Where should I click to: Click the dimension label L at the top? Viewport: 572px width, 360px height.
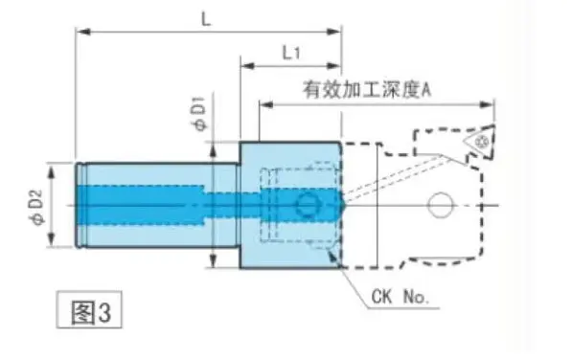[x=206, y=19]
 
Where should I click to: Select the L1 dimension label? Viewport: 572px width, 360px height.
[x=291, y=54]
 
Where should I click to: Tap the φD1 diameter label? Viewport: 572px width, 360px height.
[x=199, y=113]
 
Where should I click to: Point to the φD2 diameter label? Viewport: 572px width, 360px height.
[x=37, y=208]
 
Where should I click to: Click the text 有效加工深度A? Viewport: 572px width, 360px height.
[x=367, y=90]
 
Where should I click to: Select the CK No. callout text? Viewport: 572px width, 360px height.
[x=400, y=297]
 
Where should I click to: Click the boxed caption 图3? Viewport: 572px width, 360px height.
[x=90, y=309]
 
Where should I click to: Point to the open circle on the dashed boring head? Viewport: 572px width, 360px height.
[x=441, y=205]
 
